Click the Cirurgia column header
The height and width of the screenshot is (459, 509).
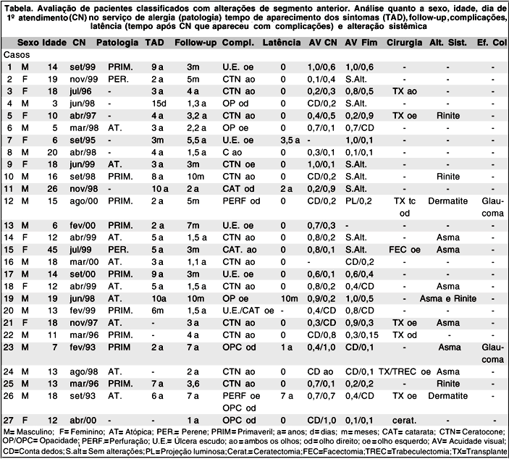coord(405,43)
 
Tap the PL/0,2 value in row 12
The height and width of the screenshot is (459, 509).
coord(360,201)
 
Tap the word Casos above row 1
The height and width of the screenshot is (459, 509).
coord(16,54)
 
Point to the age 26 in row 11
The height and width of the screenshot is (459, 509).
coord(52,188)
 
